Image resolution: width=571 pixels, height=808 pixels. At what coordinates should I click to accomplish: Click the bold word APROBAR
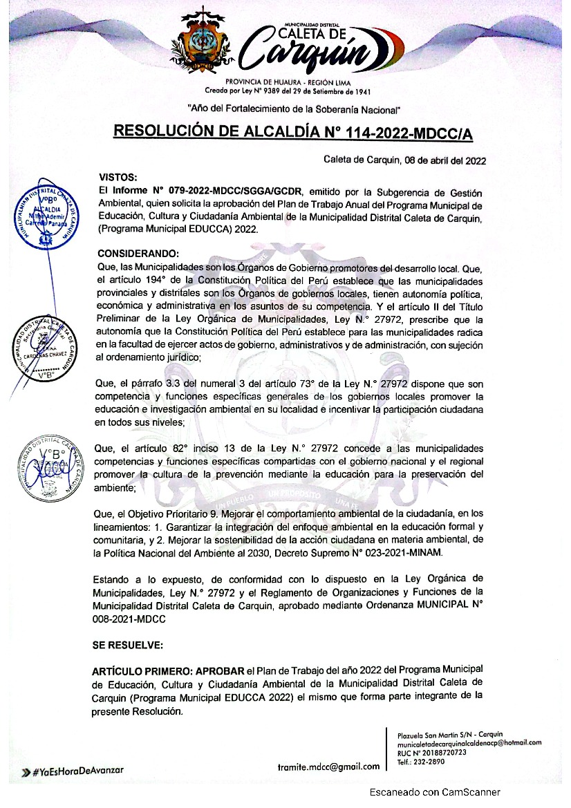pyautogui.click(x=221, y=670)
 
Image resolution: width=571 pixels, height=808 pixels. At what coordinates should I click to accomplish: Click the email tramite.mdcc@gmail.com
pyautogui.click(x=328, y=767)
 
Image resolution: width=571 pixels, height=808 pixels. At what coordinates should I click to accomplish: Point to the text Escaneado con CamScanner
pyautogui.click(x=434, y=793)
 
